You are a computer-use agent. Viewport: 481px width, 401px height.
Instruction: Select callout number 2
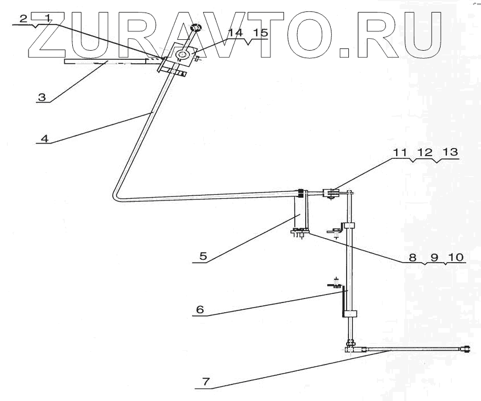tap(23, 18)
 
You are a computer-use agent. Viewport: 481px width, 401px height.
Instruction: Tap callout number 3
tap(41, 97)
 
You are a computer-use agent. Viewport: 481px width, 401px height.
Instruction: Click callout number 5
tap(202, 257)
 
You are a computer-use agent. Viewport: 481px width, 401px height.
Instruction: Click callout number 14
tap(235, 33)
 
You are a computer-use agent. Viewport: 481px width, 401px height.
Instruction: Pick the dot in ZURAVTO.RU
tap(347, 52)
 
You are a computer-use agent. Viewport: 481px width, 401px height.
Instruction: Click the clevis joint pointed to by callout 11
tap(331, 194)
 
